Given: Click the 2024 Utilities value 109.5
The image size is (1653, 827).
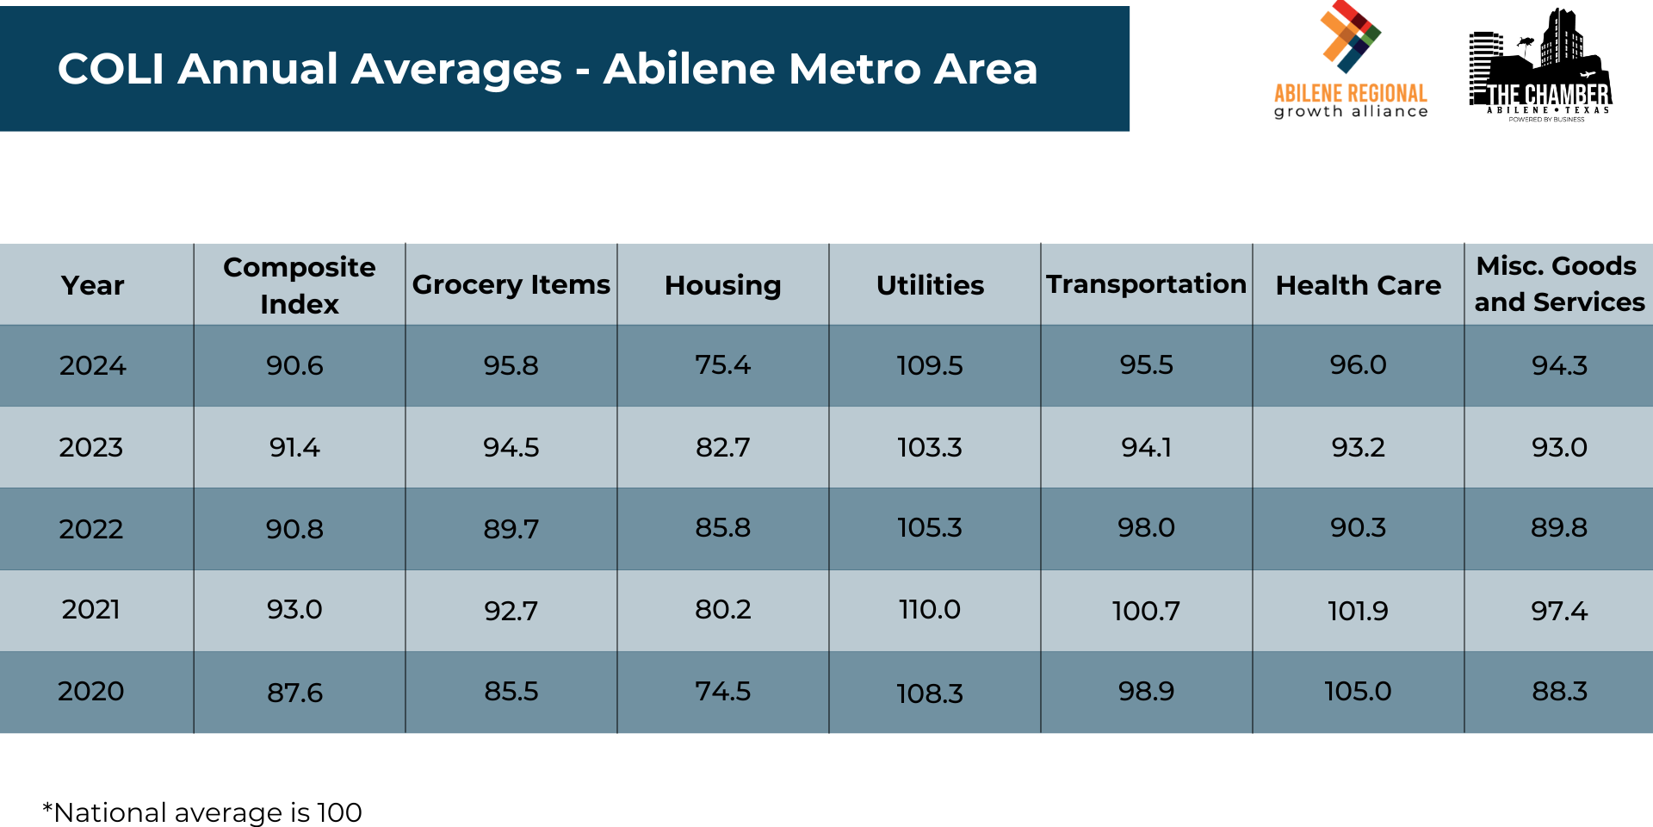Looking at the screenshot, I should pos(930,365).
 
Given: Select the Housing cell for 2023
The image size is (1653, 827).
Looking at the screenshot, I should pos(723,447).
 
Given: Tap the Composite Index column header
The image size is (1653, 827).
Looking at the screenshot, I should pos(299,285).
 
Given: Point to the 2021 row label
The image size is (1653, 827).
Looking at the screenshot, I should pos(91,610).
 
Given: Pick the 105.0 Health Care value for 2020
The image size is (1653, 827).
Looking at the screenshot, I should pos(1358,691).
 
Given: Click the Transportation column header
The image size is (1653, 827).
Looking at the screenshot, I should pos(1146,284).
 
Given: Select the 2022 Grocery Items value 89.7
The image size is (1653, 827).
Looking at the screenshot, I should pos(511,528).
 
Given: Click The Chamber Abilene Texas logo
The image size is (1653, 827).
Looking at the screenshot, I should pos(1540,65).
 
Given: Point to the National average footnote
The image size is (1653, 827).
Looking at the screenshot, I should pos(202,812).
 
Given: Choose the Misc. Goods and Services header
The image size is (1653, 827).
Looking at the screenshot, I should pos(1558,284).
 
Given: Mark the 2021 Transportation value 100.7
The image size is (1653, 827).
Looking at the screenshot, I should pos(1146,611).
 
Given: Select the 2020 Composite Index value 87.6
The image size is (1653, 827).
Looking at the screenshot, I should pos(294,693).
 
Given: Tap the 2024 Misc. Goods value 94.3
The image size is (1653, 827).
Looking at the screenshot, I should pos(1559,365).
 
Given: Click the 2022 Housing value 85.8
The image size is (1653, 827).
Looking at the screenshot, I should pos(723,527).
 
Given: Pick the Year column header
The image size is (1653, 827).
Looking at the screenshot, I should pos(93,285).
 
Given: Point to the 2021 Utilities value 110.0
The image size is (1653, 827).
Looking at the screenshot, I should pos(930,609).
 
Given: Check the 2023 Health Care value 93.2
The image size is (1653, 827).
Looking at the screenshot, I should pos(1358,447).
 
